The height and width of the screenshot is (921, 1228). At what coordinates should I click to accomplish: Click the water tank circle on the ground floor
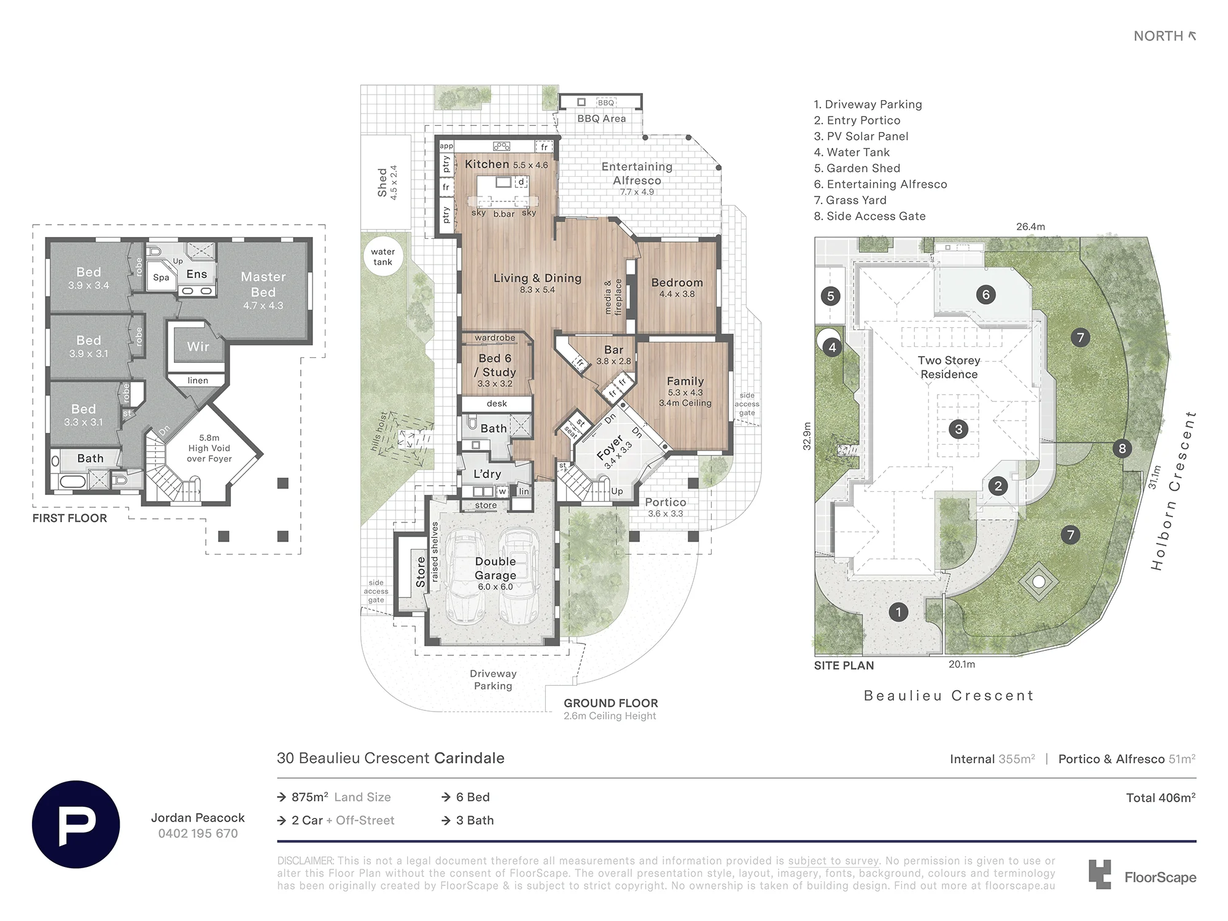pyautogui.click(x=383, y=257)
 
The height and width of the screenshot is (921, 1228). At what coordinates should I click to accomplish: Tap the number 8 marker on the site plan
pyautogui.click(x=1122, y=449)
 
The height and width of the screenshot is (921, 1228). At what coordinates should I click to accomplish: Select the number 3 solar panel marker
pyautogui.click(x=958, y=429)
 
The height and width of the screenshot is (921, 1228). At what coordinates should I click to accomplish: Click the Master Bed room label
pyautogui.click(x=263, y=284)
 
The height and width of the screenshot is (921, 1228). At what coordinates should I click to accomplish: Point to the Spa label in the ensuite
pyautogui.click(x=161, y=278)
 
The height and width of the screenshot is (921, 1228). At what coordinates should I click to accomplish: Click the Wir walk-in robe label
pyautogui.click(x=198, y=346)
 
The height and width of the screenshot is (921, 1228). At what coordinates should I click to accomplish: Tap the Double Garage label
pyautogui.click(x=495, y=568)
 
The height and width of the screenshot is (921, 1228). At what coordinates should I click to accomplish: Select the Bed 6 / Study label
pyautogui.click(x=495, y=365)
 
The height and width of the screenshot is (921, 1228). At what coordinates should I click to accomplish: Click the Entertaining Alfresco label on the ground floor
pyautogui.click(x=637, y=173)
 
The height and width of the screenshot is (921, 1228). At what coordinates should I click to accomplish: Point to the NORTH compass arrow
pyautogui.click(x=1192, y=36)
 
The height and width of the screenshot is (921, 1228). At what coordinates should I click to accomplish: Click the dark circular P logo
pyautogui.click(x=76, y=824)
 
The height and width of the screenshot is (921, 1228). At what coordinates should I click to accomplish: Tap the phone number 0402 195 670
pyautogui.click(x=198, y=833)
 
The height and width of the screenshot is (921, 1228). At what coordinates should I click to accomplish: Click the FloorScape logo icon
pyautogui.click(x=1100, y=874)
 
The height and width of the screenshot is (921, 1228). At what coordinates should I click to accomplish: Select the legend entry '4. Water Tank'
pyautogui.click(x=852, y=152)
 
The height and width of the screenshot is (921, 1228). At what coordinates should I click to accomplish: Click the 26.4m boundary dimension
pyautogui.click(x=1030, y=227)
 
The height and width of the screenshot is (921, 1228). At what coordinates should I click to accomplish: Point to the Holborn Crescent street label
pyautogui.click(x=1174, y=491)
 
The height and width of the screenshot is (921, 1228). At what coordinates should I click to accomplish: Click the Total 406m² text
pyautogui.click(x=1160, y=798)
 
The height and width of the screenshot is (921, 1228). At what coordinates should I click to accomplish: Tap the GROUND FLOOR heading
pyautogui.click(x=611, y=703)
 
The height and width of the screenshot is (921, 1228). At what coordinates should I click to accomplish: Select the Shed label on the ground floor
pyautogui.click(x=382, y=182)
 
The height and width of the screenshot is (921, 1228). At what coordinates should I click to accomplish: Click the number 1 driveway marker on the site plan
pyautogui.click(x=898, y=612)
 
